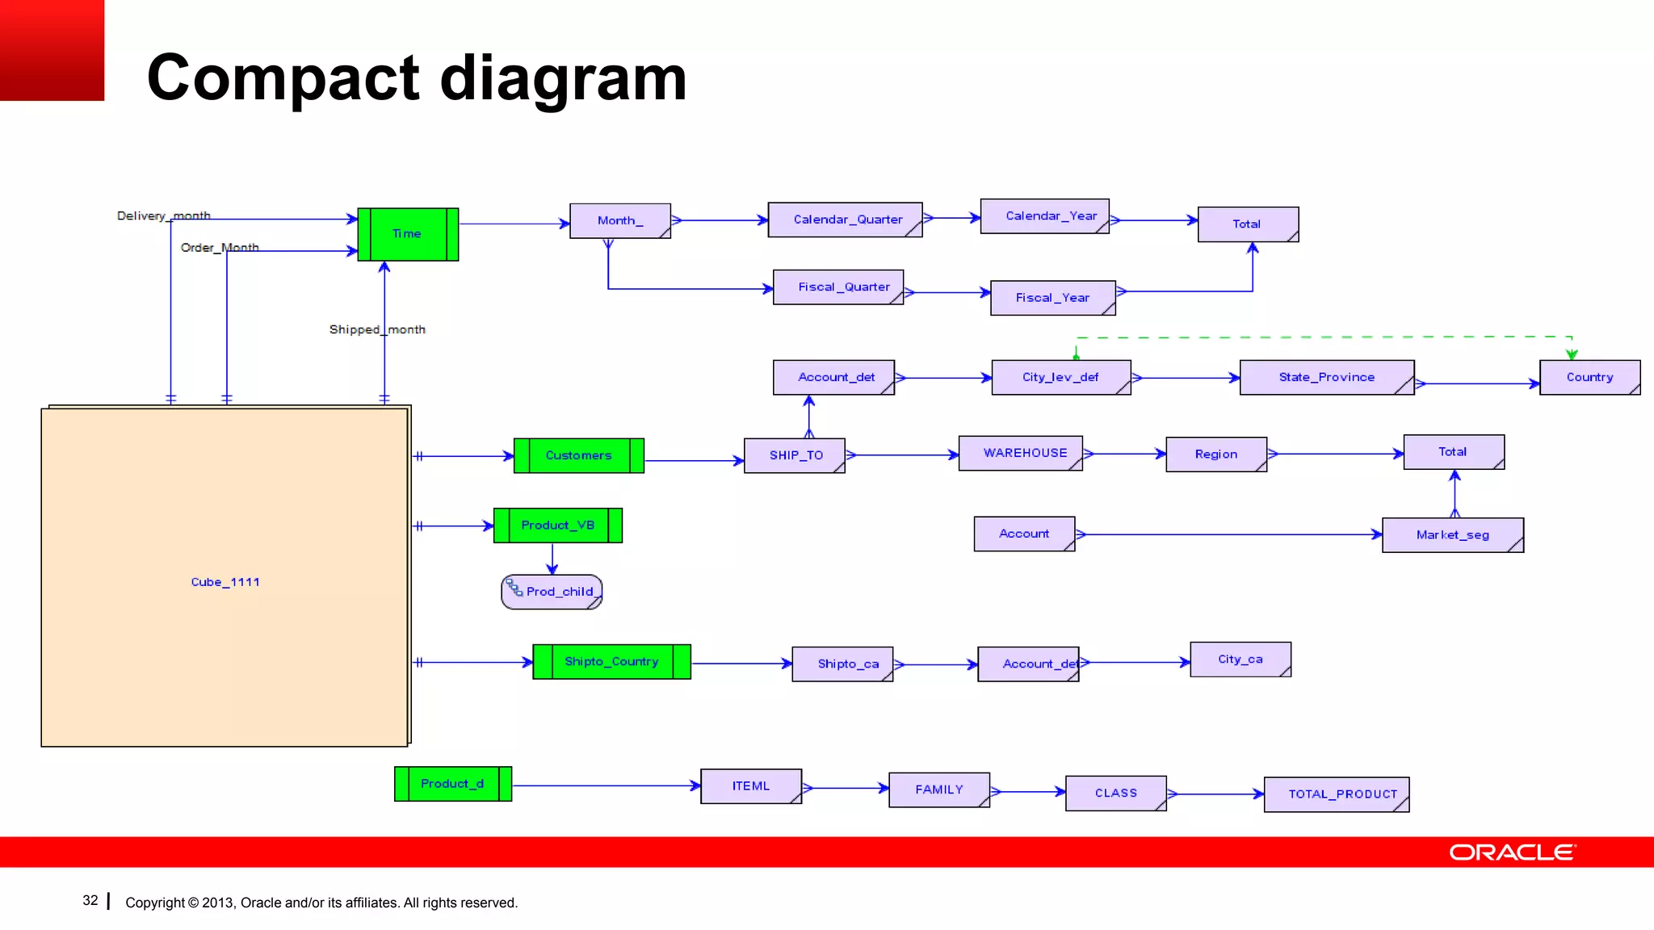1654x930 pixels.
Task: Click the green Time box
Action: point(408,234)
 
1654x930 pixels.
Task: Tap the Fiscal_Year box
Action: point(1052,298)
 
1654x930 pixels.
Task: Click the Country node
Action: point(1589,377)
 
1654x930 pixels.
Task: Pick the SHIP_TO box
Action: point(795,455)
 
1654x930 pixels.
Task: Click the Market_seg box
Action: point(1452,535)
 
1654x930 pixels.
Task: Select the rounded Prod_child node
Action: point(552,592)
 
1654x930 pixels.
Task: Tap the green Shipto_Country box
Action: point(611,661)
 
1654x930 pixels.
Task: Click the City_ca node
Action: point(1240,660)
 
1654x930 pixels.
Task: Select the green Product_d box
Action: point(452,784)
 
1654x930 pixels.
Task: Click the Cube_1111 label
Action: point(225,582)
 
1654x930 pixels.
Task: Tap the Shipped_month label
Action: point(376,329)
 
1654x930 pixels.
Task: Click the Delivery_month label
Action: point(163,216)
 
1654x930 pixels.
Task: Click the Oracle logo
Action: point(1511,852)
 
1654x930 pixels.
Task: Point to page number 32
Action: point(90,901)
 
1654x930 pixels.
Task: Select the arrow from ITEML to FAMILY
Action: point(845,788)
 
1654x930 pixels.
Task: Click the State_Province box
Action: point(1326,377)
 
